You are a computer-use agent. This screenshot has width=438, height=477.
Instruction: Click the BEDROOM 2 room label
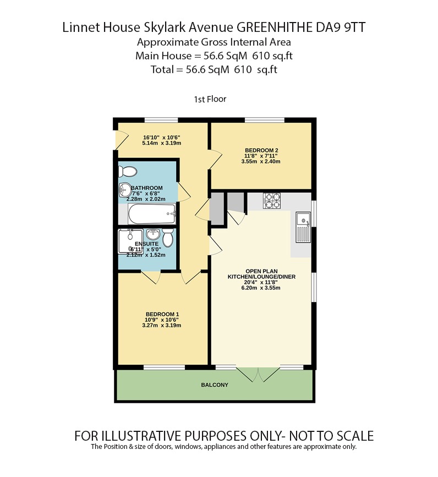click(261, 149)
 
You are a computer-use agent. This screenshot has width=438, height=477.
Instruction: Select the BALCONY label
click(214, 385)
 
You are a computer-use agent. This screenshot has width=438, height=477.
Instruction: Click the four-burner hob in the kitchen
click(272, 201)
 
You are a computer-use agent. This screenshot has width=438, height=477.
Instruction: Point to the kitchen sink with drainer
click(303, 227)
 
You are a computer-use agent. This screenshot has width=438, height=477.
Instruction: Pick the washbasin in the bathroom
click(124, 190)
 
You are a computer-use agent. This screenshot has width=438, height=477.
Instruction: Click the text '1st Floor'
click(210, 100)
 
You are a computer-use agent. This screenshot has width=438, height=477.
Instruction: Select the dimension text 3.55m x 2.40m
click(261, 162)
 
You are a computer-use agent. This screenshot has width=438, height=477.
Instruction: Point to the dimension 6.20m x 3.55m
click(262, 288)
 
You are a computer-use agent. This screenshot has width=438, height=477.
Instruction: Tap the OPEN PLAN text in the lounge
click(262, 271)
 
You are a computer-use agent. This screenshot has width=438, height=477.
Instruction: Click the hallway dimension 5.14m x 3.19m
click(162, 143)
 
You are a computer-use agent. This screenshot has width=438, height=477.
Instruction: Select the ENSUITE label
click(147, 243)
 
